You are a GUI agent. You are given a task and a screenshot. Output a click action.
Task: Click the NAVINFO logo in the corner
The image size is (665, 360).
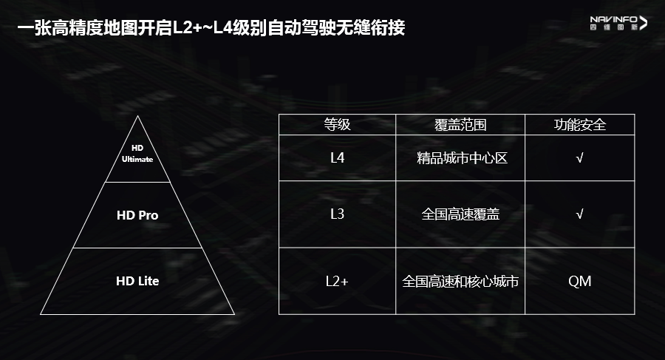point(618,23)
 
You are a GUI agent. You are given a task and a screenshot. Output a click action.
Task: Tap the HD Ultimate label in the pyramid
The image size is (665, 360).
point(137,154)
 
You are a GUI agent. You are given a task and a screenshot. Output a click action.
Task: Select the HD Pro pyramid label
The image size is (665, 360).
point(137,216)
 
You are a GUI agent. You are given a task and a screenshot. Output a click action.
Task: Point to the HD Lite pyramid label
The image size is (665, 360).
point(137,281)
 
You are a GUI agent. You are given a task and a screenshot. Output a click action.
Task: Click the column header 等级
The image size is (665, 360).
point(337,124)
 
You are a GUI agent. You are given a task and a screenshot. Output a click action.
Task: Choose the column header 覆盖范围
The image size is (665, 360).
point(460,124)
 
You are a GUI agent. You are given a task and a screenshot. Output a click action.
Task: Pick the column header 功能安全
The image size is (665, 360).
point(580,124)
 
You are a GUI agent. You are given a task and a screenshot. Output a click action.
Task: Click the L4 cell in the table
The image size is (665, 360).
point(337,157)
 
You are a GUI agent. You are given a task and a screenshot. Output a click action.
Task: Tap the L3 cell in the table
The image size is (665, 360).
point(337,214)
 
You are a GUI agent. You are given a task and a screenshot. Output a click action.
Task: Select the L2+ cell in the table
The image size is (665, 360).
point(337,281)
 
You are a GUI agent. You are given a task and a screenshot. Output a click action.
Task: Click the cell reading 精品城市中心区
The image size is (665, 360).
point(460,157)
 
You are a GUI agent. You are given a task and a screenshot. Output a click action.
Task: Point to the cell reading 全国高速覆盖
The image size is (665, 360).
point(460,214)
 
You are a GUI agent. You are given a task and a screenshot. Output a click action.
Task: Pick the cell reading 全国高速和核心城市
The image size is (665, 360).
point(460,281)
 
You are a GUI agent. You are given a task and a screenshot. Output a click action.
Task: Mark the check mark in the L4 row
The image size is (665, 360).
point(580,157)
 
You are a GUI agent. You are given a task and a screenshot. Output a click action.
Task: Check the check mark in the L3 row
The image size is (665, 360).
point(580,214)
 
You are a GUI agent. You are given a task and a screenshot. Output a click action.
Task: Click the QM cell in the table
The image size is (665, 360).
point(580,281)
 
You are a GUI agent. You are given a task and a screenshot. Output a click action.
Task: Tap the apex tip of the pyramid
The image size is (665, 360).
point(137,117)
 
